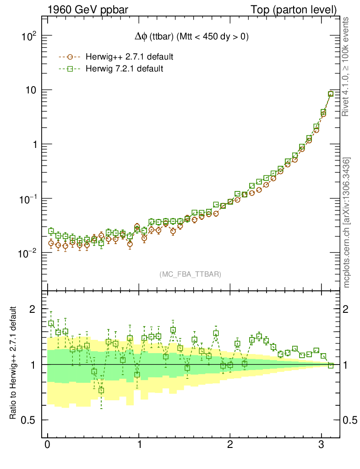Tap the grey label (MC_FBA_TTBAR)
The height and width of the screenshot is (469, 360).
click(x=191, y=274)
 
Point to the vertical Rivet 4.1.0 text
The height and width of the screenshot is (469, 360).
click(x=347, y=67)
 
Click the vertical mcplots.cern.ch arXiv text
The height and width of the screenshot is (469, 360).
click(x=347, y=223)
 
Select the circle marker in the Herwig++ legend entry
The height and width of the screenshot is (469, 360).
click(x=70, y=57)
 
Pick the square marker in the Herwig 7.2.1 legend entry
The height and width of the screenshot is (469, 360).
click(x=70, y=69)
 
